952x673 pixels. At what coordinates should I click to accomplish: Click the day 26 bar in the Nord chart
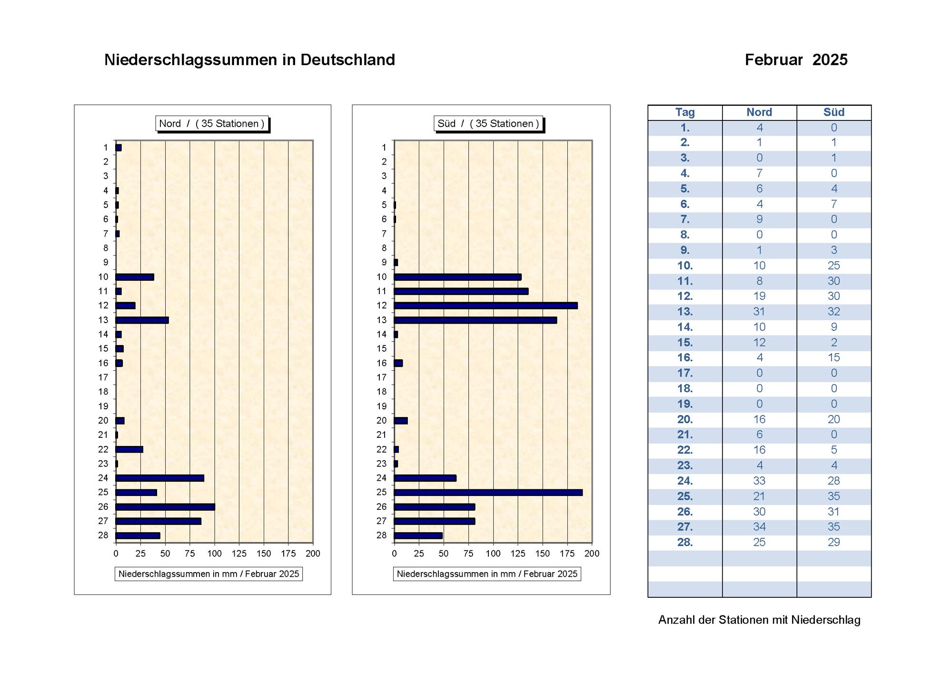(x=165, y=507)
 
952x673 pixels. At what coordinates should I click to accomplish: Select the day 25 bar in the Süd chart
(x=488, y=493)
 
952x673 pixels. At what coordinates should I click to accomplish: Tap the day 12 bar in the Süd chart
(x=486, y=306)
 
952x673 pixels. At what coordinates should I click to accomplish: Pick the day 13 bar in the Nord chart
(x=142, y=320)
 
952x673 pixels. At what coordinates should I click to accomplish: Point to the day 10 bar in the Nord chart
(x=135, y=277)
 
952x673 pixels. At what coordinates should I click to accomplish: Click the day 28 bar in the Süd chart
(x=418, y=535)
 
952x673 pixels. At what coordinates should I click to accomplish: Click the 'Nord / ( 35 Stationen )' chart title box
(x=212, y=124)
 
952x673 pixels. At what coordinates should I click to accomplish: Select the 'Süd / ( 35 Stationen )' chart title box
(x=488, y=124)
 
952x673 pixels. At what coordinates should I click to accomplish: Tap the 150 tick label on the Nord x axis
(x=264, y=554)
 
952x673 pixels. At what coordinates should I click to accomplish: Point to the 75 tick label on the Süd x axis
(x=468, y=554)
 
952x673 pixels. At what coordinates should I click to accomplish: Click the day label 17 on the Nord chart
(x=103, y=377)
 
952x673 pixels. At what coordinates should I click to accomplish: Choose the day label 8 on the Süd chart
(x=384, y=248)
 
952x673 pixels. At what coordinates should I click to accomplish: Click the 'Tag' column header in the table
(x=685, y=112)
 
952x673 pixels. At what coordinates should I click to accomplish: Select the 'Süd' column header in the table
(x=834, y=112)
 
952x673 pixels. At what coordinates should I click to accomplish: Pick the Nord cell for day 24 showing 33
(x=759, y=481)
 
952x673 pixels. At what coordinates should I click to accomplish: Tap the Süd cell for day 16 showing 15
(x=834, y=357)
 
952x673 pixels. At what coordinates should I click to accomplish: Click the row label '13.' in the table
(x=685, y=312)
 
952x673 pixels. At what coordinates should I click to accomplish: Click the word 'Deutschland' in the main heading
(x=348, y=60)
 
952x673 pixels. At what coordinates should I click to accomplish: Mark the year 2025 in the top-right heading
(x=830, y=60)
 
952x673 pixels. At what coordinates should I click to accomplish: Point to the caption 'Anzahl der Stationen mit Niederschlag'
(x=759, y=620)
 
